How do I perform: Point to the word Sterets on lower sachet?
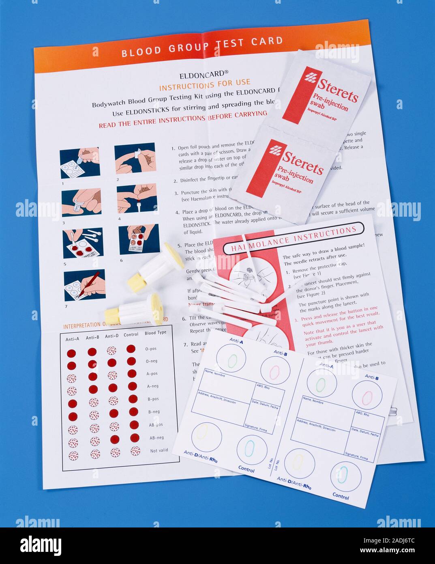pos(303,162)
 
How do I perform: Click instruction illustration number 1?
pos(80,163)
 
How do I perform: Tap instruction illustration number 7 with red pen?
pos(84,285)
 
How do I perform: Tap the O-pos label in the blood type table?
pos(151,349)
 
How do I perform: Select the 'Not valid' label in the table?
pos(159,450)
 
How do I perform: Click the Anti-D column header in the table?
pos(112,336)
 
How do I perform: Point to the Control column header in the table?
pos(131,335)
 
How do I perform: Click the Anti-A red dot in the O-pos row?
pos(71,353)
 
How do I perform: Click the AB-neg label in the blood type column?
pos(156,437)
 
